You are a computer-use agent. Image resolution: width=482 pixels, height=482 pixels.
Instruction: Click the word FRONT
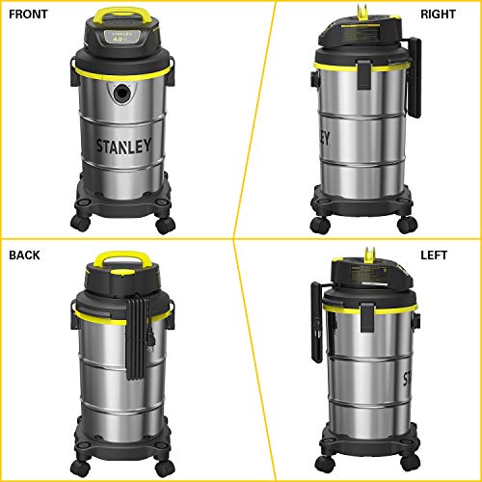click(28, 13)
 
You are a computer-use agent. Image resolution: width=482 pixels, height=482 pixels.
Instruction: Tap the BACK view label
click(25, 255)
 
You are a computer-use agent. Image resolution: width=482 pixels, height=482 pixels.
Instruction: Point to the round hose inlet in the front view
click(120, 94)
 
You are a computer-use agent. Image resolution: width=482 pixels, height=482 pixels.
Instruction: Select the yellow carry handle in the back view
click(121, 258)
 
